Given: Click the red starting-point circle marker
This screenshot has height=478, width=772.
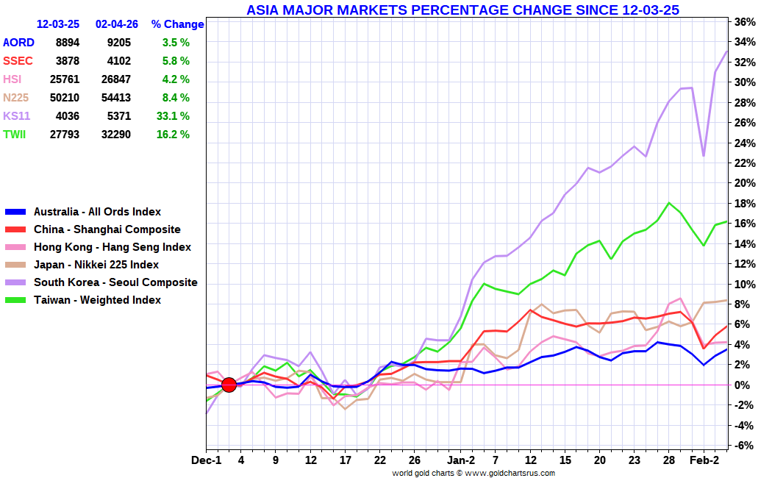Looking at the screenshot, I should [x=229, y=385].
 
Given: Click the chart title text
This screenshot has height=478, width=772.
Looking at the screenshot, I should [x=462, y=10].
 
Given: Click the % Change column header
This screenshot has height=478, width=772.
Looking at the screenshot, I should [x=177, y=24].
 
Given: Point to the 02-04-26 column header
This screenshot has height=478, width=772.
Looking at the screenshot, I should [x=117, y=24].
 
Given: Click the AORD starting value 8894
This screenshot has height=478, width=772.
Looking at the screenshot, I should [x=67, y=43].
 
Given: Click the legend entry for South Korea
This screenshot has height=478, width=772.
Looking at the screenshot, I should [x=115, y=282].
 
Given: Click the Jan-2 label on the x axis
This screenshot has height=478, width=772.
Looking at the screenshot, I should [x=462, y=460].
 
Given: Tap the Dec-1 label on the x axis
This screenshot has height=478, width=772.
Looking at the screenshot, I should [x=206, y=460].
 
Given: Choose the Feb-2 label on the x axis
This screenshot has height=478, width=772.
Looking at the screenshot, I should [x=704, y=460].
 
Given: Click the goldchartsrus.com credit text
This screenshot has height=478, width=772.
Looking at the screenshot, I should [x=473, y=473].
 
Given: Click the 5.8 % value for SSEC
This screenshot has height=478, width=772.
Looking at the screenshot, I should [x=176, y=61].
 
